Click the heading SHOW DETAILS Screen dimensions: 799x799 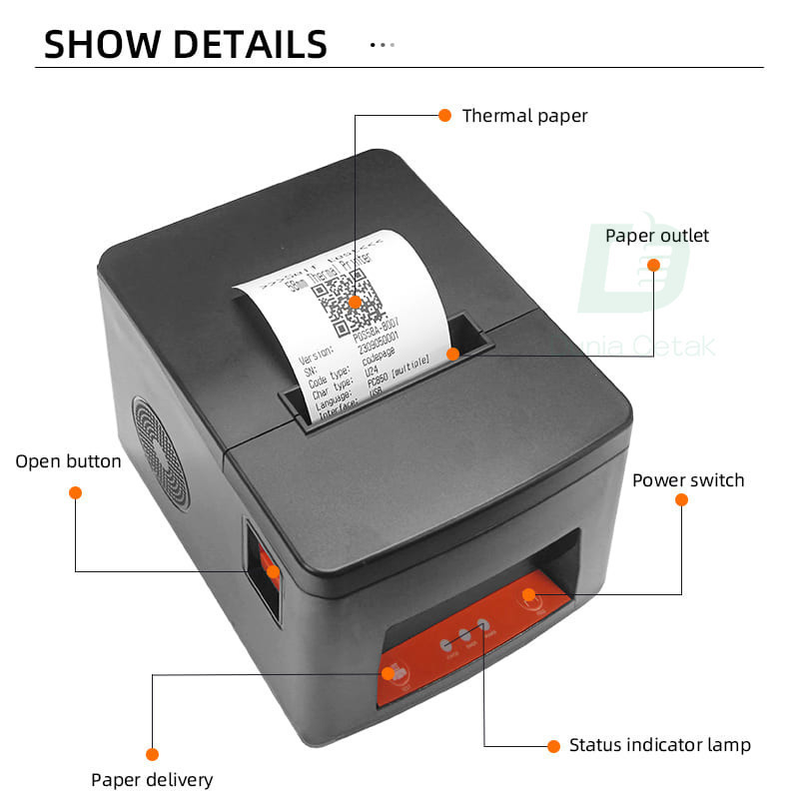click(186, 45)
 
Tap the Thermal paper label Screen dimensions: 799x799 click(524, 116)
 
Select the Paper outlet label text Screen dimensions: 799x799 click(657, 236)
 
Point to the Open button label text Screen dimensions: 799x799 click(68, 461)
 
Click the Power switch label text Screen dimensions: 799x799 click(688, 480)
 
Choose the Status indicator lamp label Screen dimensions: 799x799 click(659, 745)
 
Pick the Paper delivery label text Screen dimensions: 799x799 click(152, 780)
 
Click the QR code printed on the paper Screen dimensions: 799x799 click(344, 297)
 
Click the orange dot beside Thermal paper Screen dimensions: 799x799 click(445, 115)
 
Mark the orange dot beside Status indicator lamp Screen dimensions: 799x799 click(553, 745)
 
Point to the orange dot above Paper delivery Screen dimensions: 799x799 click(152, 754)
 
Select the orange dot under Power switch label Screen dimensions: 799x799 click(681, 499)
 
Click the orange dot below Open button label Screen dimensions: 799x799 click(75, 492)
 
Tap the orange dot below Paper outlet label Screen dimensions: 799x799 click(653, 265)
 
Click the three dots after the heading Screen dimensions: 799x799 click(383, 45)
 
